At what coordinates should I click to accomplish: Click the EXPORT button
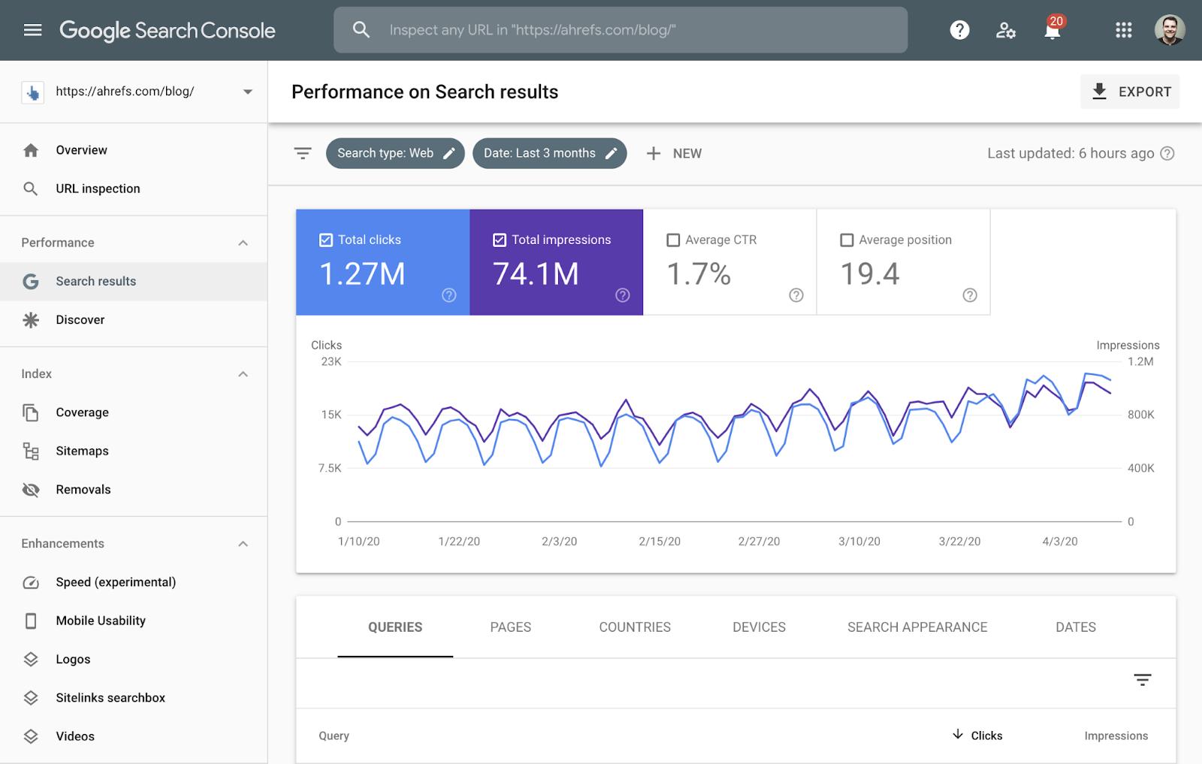[x=1130, y=92]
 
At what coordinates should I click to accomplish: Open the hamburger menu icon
[x=32, y=30]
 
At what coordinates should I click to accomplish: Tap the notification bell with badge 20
[x=1053, y=30]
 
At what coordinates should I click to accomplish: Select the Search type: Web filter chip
[x=395, y=153]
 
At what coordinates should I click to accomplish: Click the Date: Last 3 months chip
[x=549, y=153]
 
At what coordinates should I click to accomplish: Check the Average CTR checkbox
[x=673, y=240]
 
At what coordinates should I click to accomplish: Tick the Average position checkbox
[x=847, y=240]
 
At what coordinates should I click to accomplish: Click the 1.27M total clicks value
[x=362, y=274]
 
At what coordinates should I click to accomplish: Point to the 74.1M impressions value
[x=536, y=274]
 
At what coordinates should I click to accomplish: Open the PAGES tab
[x=510, y=627]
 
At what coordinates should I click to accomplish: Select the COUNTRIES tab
[x=635, y=627]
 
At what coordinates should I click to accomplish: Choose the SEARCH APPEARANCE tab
[x=917, y=627]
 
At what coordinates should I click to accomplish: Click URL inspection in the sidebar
[x=98, y=189]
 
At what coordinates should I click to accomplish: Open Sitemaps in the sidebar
[x=82, y=451]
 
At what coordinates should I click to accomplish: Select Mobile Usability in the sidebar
[x=101, y=621]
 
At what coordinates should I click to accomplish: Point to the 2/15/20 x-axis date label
[x=660, y=541]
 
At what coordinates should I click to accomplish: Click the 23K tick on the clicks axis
[x=331, y=361]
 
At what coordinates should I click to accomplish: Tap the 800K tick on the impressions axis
[x=1140, y=415]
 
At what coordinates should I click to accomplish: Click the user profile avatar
[x=1170, y=30]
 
